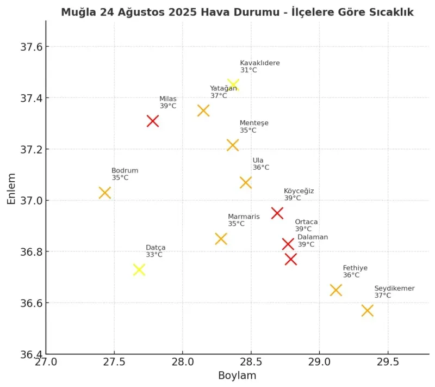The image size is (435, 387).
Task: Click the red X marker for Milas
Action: point(153,121)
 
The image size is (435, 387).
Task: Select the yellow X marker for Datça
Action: point(139,269)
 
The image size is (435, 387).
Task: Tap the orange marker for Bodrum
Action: point(105,193)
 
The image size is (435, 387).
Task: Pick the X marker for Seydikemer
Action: point(367,310)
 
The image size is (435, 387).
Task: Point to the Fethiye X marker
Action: point(336,290)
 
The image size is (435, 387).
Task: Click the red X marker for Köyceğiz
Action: point(277,213)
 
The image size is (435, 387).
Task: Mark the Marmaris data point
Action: point(221,238)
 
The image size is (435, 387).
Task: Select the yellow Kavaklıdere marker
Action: point(233,84)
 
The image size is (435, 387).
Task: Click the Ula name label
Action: point(258,160)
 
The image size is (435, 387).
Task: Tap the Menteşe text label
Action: point(254,123)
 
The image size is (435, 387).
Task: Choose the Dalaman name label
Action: point(313,237)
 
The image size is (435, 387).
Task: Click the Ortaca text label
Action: point(306,222)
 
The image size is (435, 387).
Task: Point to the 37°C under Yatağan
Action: point(219,96)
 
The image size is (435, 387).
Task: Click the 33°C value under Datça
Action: point(154,255)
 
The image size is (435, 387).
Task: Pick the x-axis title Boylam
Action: point(237,376)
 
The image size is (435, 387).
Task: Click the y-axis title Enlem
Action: point(11,188)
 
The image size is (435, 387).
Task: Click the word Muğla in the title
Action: point(77,12)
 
